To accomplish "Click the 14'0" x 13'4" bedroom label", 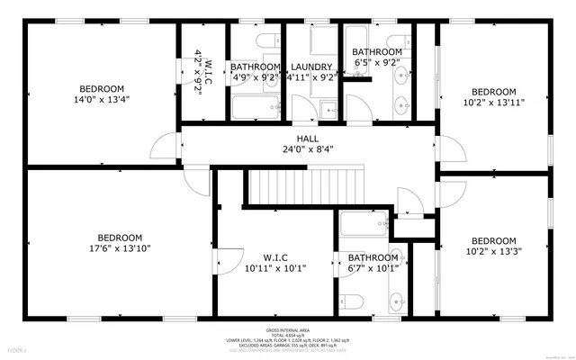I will [101, 94].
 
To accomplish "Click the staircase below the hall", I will [306, 184].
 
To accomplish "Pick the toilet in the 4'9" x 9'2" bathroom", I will [267, 42].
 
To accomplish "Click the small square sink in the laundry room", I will [328, 109].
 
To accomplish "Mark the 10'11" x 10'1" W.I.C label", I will [274, 261].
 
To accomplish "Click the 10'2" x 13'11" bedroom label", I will [494, 96].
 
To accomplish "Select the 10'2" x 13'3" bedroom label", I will [494, 246].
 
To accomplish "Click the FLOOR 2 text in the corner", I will [17, 348].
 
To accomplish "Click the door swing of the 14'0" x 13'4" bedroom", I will [166, 145].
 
